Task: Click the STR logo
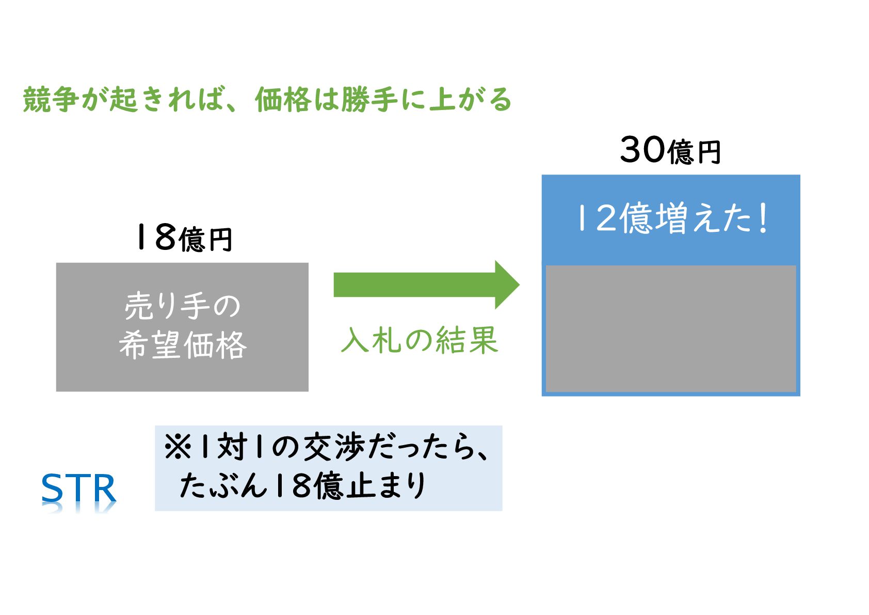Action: pyautogui.click(x=78, y=488)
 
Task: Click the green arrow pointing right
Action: pyautogui.click(x=425, y=285)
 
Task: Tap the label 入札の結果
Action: pyautogui.click(x=420, y=340)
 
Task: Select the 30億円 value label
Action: pyautogui.click(x=670, y=151)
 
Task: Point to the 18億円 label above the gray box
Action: pyautogui.click(x=183, y=238)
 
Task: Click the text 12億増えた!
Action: pyautogui.click(x=671, y=218)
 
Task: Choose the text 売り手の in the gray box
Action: pyautogui.click(x=182, y=306)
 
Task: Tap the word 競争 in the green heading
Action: pyautogui.click(x=51, y=99)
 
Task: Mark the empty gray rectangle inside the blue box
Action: pyautogui.click(x=670, y=329)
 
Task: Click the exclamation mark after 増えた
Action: pyautogui.click(x=763, y=218)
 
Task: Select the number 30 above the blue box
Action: pyautogui.click(x=643, y=150)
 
